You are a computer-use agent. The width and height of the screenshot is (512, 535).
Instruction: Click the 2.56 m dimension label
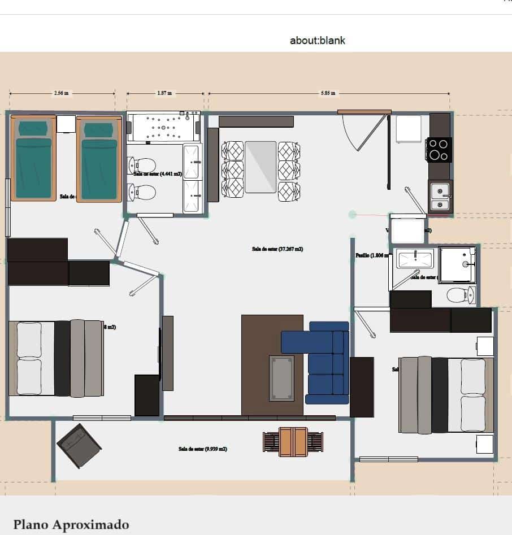(62, 93)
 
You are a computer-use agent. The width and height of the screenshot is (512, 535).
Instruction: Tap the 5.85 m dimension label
(328, 93)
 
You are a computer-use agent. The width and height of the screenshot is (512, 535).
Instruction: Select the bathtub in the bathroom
(163, 128)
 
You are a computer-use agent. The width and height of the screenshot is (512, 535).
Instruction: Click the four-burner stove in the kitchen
(439, 150)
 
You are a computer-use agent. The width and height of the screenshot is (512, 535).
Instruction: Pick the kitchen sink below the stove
(440, 196)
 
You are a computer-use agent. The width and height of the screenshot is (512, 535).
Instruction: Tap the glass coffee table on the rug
(281, 377)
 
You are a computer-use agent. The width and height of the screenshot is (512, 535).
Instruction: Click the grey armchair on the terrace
(79, 445)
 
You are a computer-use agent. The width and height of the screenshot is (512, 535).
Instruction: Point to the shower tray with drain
(457, 264)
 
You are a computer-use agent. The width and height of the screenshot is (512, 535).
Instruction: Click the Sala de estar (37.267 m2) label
(277, 249)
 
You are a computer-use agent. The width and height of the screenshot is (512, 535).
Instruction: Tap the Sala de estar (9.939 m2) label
(203, 449)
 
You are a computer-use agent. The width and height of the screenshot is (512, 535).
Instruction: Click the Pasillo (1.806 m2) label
(370, 255)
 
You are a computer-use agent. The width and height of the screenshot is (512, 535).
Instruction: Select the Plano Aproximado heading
(71, 524)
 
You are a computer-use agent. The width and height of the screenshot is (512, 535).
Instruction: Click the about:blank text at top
(317, 41)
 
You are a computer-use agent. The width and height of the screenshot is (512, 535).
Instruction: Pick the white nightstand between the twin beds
(66, 124)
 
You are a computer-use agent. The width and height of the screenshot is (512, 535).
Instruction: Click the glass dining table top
(261, 167)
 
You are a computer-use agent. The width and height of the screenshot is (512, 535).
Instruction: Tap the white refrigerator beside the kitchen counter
(408, 129)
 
